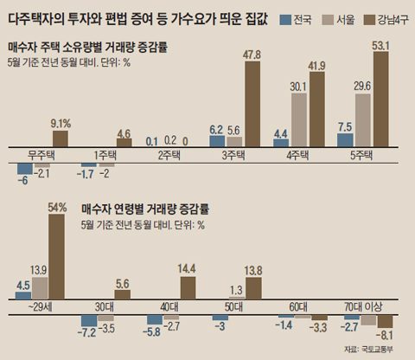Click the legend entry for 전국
(298, 20)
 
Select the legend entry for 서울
(340, 20)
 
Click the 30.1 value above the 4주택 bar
(298, 86)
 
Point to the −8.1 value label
(385, 336)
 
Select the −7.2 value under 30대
(87, 331)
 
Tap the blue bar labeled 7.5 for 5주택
(344, 140)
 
